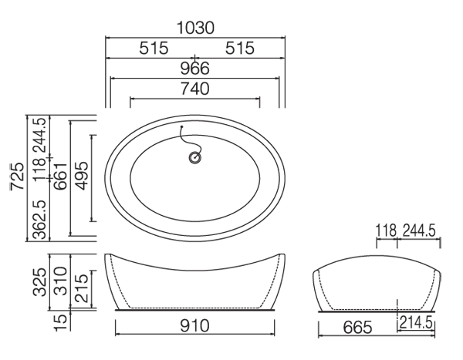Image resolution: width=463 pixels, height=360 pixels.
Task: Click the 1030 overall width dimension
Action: [195, 28]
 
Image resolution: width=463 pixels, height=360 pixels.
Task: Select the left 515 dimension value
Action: [154, 48]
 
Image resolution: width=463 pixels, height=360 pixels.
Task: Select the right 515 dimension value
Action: [239, 48]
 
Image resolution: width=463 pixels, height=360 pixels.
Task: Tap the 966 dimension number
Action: [195, 68]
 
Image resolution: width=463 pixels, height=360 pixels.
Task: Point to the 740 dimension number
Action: [195, 89]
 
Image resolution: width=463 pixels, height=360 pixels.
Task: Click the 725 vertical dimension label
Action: [17, 177]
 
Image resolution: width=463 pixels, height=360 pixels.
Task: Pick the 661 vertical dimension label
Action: [60, 177]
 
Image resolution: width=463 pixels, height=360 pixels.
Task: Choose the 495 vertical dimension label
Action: [81, 176]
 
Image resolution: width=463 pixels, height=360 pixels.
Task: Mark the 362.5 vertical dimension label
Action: [39, 220]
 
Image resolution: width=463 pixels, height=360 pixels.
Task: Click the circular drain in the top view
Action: [195, 157]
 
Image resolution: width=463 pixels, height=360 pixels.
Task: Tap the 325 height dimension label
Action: [39, 282]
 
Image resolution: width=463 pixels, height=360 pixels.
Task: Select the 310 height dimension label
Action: [61, 281]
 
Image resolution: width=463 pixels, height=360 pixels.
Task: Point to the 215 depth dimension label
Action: [82, 288]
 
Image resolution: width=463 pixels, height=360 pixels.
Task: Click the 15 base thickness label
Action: [61, 323]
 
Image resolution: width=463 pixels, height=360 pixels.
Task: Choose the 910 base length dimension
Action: [194, 326]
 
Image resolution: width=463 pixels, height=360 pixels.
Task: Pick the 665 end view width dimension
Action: [357, 328]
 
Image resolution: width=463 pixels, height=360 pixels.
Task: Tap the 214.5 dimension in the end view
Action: [416, 322]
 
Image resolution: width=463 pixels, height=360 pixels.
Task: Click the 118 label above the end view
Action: [386, 230]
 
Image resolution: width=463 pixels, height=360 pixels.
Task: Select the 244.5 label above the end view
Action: [419, 230]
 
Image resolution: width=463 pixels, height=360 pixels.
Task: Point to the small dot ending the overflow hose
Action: [182, 126]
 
